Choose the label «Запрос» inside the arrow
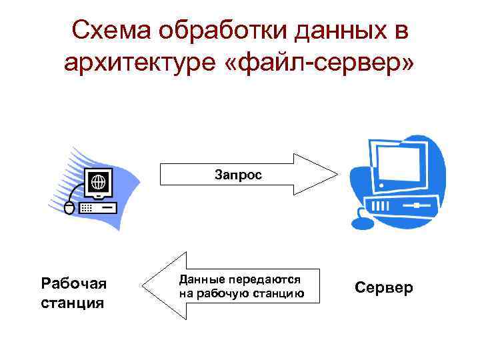click(x=238, y=174)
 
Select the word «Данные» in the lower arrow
click(x=201, y=280)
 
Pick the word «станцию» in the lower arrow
click(x=279, y=293)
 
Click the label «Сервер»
click(x=383, y=288)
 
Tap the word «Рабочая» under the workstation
click(x=73, y=285)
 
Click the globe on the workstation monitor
click(x=99, y=181)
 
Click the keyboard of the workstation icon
click(x=97, y=208)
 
